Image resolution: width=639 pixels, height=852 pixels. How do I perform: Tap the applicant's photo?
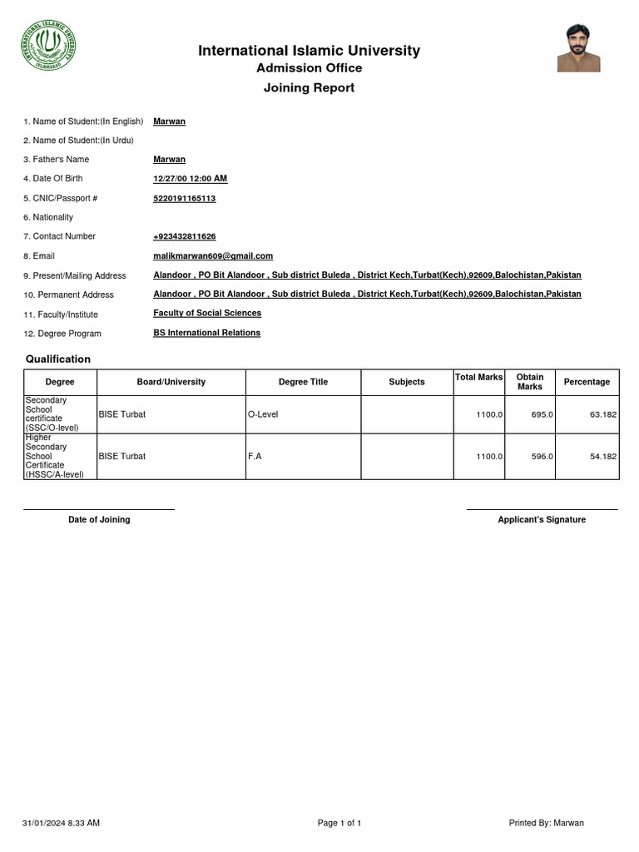click(x=578, y=48)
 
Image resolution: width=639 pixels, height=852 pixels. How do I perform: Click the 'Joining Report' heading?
click(x=309, y=88)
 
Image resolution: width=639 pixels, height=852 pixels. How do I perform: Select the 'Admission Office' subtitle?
click(x=309, y=68)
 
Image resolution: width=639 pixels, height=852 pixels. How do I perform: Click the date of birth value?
click(x=190, y=179)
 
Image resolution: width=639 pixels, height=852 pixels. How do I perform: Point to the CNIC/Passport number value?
click(x=184, y=198)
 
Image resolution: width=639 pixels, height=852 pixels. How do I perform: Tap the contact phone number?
click(x=184, y=237)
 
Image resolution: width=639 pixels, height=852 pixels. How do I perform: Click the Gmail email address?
click(x=213, y=256)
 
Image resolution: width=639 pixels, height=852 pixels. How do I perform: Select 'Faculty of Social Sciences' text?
click(x=207, y=314)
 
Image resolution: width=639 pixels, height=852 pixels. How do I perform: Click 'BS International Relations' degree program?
click(x=206, y=333)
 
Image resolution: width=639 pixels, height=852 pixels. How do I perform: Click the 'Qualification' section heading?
click(x=57, y=359)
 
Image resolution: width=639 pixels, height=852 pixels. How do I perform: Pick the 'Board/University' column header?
click(x=171, y=382)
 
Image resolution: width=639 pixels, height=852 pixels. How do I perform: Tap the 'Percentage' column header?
click(x=587, y=382)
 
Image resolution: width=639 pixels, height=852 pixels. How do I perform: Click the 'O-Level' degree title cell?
click(x=263, y=414)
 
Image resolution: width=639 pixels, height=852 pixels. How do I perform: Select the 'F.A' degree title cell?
click(x=255, y=457)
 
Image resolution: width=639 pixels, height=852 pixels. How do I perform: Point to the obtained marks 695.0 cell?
click(x=542, y=414)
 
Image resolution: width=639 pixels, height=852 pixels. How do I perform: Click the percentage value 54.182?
click(x=601, y=457)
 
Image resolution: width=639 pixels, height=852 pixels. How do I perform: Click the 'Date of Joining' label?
click(x=99, y=520)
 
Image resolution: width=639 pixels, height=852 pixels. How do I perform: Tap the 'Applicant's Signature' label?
click(x=542, y=520)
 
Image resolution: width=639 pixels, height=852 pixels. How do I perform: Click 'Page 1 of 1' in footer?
click(x=339, y=824)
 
